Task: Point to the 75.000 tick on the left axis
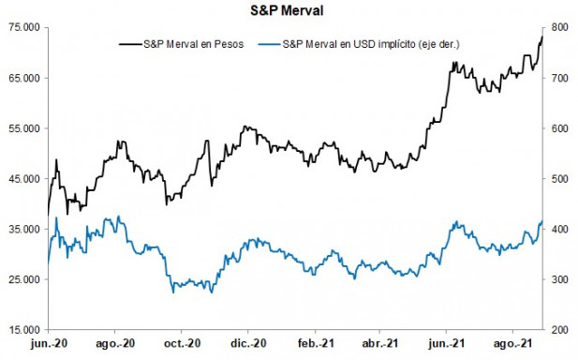[22, 28]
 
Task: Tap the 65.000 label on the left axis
[22, 79]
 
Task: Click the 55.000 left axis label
[22, 128]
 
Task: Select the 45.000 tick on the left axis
[22, 179]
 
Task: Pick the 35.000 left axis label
[22, 230]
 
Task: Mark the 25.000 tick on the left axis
[22, 279]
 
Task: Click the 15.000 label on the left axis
[22, 330]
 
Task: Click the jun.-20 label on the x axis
[47, 345]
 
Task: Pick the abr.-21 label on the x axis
[384, 345]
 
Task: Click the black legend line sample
[128, 43]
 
